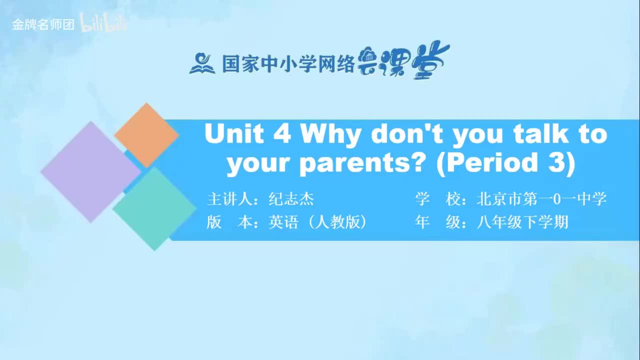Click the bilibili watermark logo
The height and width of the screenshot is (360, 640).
tap(103, 23)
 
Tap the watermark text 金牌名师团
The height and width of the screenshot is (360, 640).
tap(43, 25)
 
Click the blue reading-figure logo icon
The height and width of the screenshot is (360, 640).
tap(202, 63)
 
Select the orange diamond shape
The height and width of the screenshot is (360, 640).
tap(146, 135)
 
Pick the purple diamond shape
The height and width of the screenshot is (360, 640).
tap(91, 171)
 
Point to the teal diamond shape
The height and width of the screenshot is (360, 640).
tap(154, 209)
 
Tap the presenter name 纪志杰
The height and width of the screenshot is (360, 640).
tap(291, 199)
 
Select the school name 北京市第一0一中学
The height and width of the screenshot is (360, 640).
tap(541, 199)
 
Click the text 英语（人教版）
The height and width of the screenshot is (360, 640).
tap(317, 222)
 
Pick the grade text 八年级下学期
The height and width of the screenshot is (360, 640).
tap(522, 222)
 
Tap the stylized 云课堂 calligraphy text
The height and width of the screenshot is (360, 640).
tap(403, 61)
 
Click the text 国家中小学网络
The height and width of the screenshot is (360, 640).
tap(288, 63)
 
